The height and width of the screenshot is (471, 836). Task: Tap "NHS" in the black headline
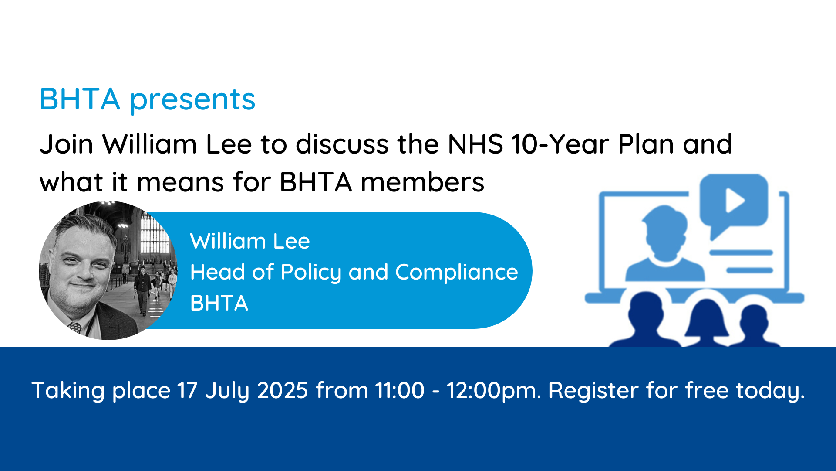pos(475,144)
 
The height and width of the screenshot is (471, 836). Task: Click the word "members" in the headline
pos(422,182)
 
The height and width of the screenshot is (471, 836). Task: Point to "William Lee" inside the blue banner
pos(250,241)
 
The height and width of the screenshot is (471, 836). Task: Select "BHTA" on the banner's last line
pos(219,303)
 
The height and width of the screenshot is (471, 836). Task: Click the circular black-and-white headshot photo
pos(108,270)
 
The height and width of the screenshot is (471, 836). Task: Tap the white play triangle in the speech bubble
pos(734,200)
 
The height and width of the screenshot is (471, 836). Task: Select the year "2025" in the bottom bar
pos(283,390)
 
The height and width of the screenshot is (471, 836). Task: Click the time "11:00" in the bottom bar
pos(400,390)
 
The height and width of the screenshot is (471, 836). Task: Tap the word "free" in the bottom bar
pos(707,390)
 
